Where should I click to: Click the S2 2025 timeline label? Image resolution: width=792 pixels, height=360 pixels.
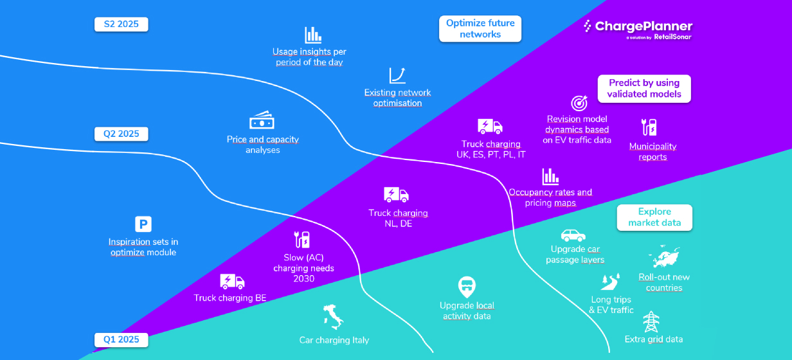click(x=121, y=24)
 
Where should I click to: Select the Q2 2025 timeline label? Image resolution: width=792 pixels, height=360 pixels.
click(x=121, y=134)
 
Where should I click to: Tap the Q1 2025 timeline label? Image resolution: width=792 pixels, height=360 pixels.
click(x=121, y=339)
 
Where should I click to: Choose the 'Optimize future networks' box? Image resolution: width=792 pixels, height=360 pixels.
click(x=480, y=29)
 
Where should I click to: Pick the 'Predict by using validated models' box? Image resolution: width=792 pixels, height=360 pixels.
click(x=643, y=89)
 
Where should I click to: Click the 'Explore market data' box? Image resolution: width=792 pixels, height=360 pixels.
click(x=654, y=217)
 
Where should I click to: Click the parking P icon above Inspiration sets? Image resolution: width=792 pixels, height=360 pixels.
click(x=143, y=224)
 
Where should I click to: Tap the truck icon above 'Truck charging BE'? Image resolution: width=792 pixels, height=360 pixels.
click(x=232, y=281)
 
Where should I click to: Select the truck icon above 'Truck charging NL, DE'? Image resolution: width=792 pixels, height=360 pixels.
click(x=396, y=195)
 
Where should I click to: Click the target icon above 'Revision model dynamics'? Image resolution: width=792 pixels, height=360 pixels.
click(x=579, y=103)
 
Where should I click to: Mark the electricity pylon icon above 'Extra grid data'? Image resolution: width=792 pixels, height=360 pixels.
click(x=652, y=321)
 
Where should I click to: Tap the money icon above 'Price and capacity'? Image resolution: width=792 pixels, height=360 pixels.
click(x=262, y=121)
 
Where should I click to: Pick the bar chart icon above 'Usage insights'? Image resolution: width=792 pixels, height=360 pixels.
click(x=313, y=35)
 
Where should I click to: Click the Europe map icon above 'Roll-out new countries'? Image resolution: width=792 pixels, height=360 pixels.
click(x=664, y=256)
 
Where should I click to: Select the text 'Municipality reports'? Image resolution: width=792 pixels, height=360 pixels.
click(x=652, y=152)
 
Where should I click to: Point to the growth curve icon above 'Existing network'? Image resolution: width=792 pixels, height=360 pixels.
click(x=397, y=75)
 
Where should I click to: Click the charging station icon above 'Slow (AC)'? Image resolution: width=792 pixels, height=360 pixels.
click(x=302, y=239)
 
